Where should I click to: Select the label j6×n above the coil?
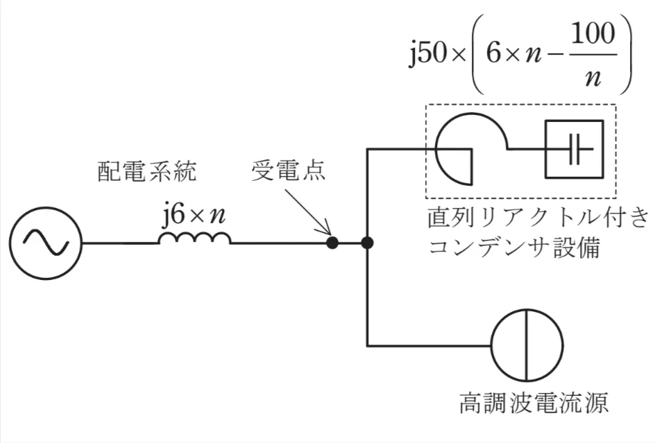pos(194,217)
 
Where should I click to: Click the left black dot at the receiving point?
pos(333,243)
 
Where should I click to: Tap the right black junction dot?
pos(367,243)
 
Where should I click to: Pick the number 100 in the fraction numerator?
pos(593,37)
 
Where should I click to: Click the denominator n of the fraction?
pos(592,78)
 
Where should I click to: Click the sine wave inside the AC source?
pos(45,243)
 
